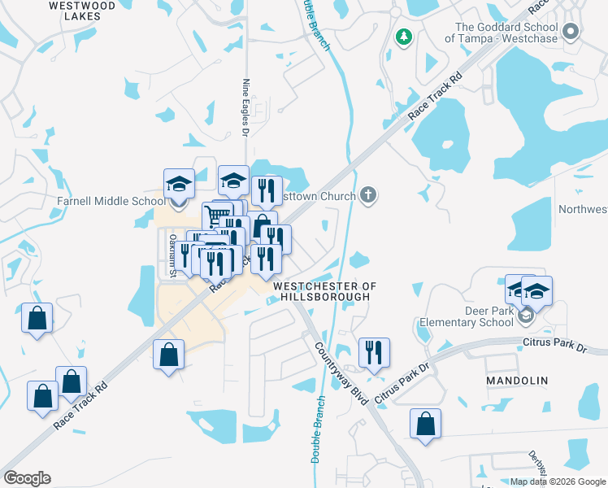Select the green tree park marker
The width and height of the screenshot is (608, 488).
pos(403,37)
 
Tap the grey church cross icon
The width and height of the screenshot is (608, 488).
pos(369,195)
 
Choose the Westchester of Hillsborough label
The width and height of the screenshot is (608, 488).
pos(325,291)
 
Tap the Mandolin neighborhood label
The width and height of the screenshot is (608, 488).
pos(517,380)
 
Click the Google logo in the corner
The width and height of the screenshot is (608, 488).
pos(27,478)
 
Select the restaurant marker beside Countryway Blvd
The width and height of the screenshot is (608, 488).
pos(374,352)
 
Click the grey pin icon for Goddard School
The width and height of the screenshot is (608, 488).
pos(571,32)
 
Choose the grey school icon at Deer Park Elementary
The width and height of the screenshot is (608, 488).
pos(526,316)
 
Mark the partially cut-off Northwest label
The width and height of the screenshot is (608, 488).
pos(583,209)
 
